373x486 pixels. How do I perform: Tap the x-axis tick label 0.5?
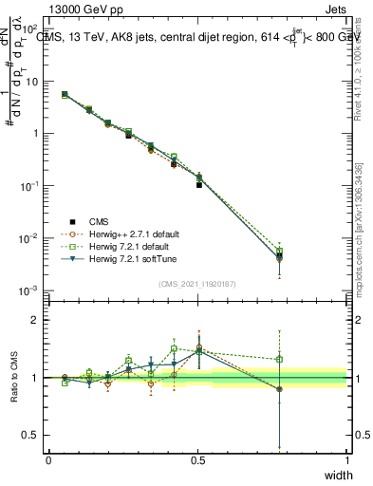197,460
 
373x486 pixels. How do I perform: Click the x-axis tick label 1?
347,460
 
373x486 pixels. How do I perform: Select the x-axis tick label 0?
48,460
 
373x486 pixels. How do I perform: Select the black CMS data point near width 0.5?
198,184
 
